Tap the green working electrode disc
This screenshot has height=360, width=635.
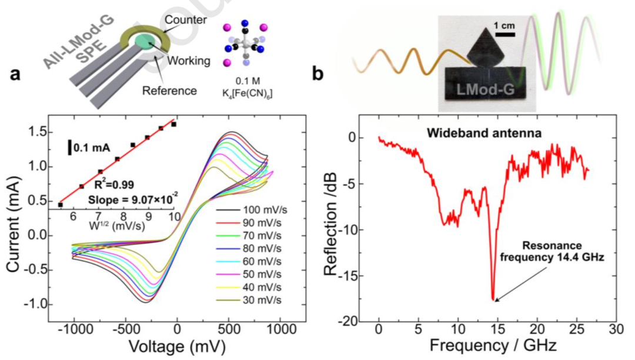[145, 42]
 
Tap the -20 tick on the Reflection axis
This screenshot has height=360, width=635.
[353, 321]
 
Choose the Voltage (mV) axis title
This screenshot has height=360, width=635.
[178, 346]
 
